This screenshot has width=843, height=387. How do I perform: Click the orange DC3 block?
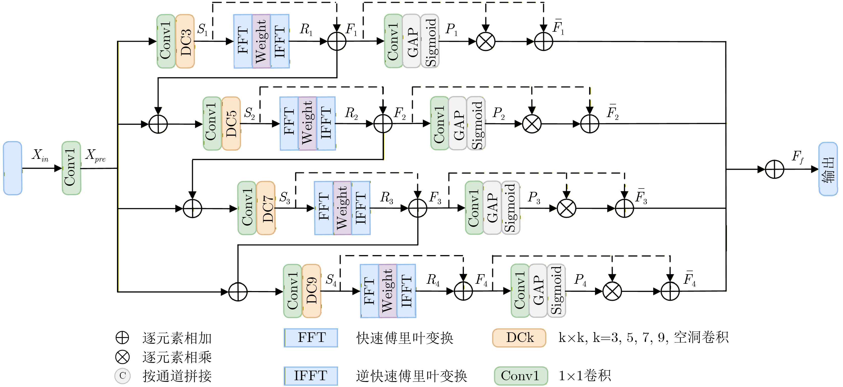[185, 41]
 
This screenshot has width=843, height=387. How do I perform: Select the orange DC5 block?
[231, 124]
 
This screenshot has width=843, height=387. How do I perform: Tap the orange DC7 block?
[266, 208]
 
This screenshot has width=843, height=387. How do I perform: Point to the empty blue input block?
[12, 168]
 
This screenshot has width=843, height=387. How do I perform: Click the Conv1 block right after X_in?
[71, 168]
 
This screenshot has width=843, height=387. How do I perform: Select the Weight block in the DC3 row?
[261, 41]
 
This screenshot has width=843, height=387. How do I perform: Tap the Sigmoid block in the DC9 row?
[556, 291]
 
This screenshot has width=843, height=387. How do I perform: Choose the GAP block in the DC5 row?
[458, 124]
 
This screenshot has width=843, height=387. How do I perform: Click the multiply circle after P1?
[486, 42]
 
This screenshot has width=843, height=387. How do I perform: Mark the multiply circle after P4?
[612, 291]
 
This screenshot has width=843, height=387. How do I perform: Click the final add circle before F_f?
[775, 169]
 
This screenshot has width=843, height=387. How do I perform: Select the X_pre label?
[95, 155]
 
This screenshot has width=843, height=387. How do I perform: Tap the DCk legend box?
[519, 338]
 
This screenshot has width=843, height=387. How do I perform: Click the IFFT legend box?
[311, 376]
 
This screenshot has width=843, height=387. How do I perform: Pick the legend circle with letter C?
[122, 376]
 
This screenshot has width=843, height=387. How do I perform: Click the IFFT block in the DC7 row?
[361, 208]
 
